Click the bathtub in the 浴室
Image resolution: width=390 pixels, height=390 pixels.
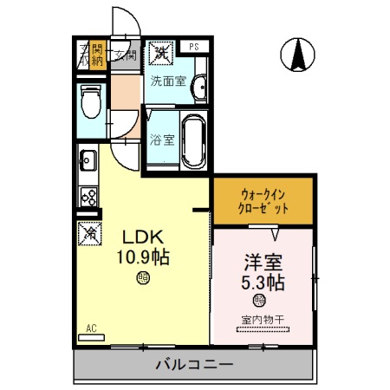point(193,139)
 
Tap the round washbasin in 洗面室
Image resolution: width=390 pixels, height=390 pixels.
point(200,87)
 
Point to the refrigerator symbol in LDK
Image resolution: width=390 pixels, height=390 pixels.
point(88,232)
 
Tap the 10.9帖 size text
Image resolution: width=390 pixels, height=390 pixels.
point(142,257)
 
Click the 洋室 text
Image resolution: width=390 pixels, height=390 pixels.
point(263,262)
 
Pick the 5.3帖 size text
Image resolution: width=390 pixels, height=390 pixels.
point(263,283)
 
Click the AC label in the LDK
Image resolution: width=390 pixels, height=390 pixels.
point(90,329)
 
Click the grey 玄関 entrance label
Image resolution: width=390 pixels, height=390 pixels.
point(125,56)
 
